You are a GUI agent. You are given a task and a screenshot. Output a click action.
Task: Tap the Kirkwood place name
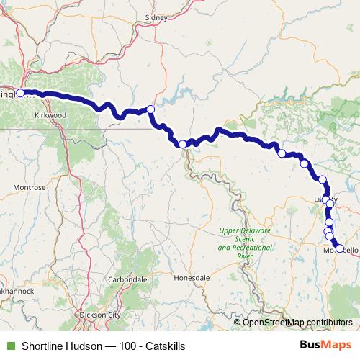pyautogui.click(x=50, y=114)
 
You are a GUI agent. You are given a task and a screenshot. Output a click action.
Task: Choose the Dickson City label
pyautogui.click(x=99, y=315)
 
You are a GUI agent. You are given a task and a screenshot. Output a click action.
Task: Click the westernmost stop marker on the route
pyautogui.click(x=21, y=93)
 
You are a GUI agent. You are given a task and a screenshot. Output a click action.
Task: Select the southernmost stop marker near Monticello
pyautogui.click(x=340, y=248)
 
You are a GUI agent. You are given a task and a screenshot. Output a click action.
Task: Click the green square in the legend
pyautogui.click(x=9, y=346)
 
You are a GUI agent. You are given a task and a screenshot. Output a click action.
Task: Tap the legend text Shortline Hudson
pyautogui.click(x=51, y=346)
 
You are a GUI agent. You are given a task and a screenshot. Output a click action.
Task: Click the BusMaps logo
pyautogui.click(x=325, y=346)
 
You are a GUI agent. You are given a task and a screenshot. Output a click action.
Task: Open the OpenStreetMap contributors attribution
pyautogui.click(x=297, y=322)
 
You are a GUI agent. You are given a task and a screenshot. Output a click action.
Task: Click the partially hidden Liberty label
pyautogui.click(x=322, y=199)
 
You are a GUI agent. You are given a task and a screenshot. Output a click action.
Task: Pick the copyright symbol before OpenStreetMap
pyautogui.click(x=238, y=322)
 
